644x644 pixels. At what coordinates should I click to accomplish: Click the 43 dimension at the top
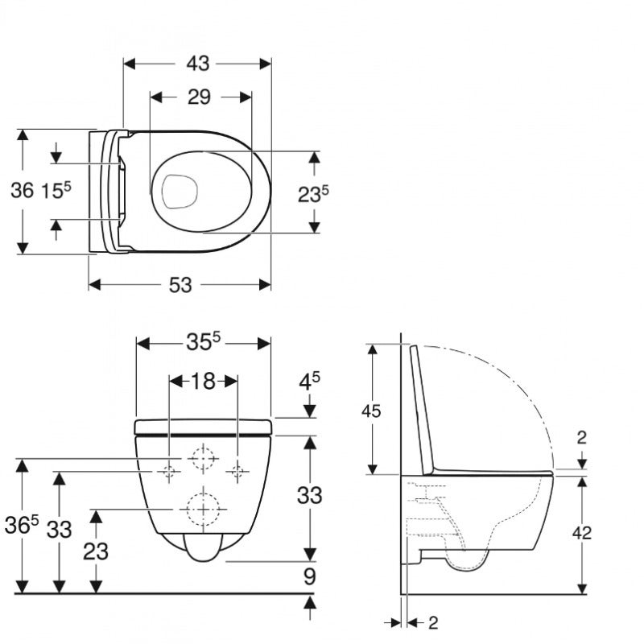pyautogui.click(x=197, y=63)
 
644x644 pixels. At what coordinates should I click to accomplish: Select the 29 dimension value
pyautogui.click(x=199, y=97)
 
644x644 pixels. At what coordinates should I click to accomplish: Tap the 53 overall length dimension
pyautogui.click(x=181, y=284)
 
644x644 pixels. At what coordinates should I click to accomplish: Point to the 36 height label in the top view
pyautogui.click(x=23, y=191)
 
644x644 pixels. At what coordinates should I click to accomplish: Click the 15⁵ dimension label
pyautogui.click(x=56, y=191)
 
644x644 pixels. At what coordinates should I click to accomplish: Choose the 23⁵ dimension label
pyautogui.click(x=314, y=193)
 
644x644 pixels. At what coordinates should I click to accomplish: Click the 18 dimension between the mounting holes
pyautogui.click(x=203, y=381)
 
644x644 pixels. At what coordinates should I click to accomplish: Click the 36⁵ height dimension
pyautogui.click(x=24, y=525)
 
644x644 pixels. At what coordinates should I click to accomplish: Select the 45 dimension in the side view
pyautogui.click(x=371, y=410)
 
